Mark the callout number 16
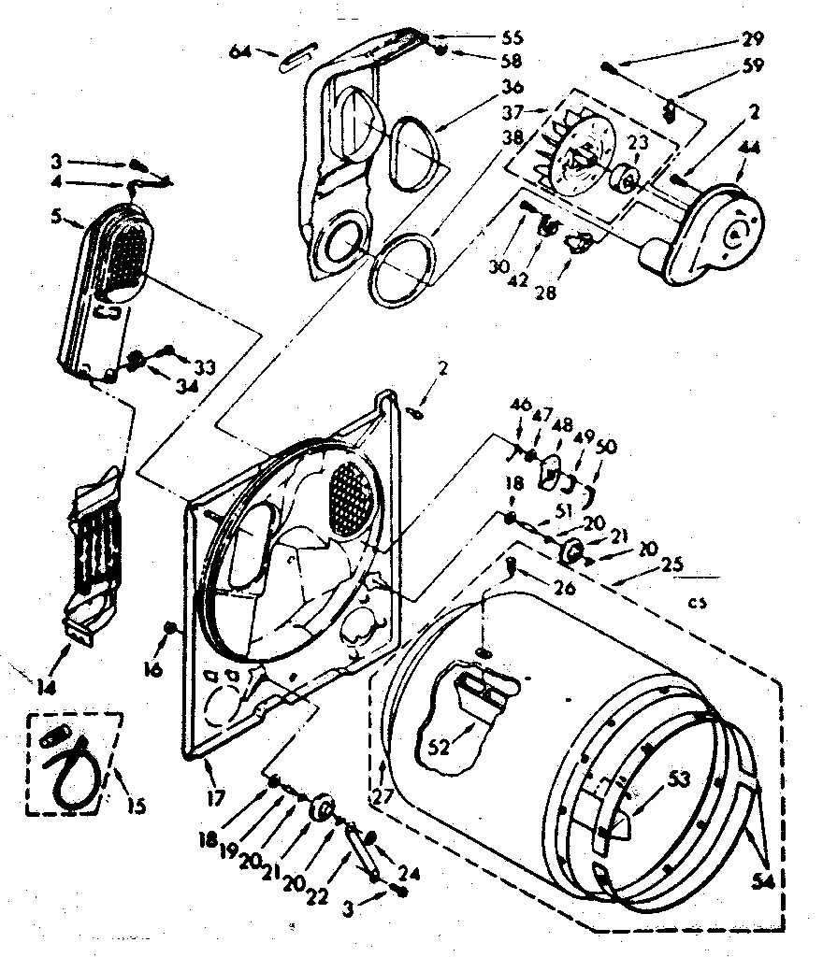tap(154, 668)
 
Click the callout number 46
tap(520, 405)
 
